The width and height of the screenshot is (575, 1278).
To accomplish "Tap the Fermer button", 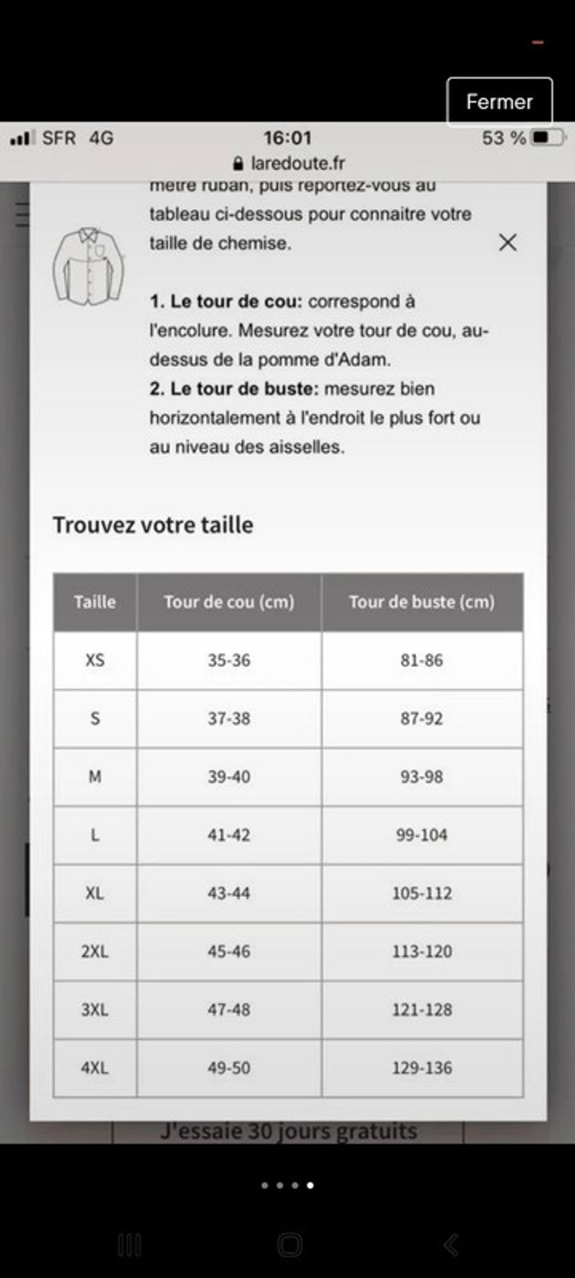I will coord(499,102).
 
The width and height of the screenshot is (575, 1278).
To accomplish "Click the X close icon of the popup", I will coord(508,242).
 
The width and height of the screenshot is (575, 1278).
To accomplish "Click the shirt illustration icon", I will coord(89,264).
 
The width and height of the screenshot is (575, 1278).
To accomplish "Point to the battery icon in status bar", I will coord(548,137).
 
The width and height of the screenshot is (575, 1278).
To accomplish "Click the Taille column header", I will coord(95,602).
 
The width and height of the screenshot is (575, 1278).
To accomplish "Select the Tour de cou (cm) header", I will coord(228,602).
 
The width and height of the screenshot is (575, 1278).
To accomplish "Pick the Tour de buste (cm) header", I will coord(421,602).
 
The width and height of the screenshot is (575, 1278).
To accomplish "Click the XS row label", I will coord(95,660).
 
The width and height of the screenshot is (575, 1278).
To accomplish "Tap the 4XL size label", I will coord(95,1068).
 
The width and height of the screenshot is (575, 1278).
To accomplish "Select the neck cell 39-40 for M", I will coord(228,776).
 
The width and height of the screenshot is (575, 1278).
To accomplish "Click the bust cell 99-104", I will coord(421,834).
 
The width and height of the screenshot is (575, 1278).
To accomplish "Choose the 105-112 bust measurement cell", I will coord(421,893).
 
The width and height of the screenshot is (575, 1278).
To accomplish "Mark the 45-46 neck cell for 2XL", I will coord(228,951).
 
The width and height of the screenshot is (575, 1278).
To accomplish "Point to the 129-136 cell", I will coord(421,1068).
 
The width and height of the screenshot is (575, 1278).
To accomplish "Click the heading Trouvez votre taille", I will coord(153,525).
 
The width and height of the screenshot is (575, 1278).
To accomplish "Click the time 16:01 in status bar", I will coord(287,137).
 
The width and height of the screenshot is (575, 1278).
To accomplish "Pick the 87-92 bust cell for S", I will coord(421,718).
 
